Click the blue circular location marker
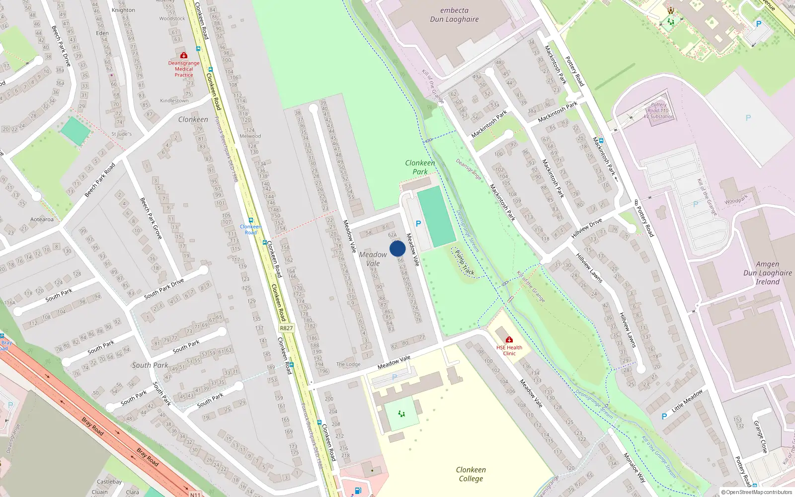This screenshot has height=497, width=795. click(x=397, y=248)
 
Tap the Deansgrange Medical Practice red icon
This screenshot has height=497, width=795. click(x=184, y=55)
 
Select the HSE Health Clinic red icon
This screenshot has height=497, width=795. click(x=509, y=340)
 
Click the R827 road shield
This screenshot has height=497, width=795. click(x=286, y=328)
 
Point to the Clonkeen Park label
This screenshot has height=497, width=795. click(x=420, y=167)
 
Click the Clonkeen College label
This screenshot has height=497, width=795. click(x=471, y=474)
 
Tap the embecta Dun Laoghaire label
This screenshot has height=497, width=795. click(x=454, y=15)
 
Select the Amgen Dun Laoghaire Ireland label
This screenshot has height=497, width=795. click(x=768, y=273)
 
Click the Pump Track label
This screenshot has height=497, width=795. click(x=465, y=262)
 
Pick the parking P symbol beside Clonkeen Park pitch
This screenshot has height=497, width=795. click(x=418, y=224)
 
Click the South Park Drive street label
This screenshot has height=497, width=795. click(x=164, y=289)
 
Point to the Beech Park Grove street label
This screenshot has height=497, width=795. click(x=151, y=218)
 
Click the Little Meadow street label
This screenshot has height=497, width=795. click(x=687, y=401)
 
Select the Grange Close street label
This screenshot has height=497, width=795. click(x=761, y=437)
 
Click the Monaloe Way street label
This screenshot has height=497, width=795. click(x=635, y=468)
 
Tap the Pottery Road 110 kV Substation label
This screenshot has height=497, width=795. click(x=659, y=111)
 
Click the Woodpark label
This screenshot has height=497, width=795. click(x=736, y=200)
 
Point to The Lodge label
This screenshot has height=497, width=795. click(x=348, y=364)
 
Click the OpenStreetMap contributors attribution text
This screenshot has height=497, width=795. click(x=757, y=493)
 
